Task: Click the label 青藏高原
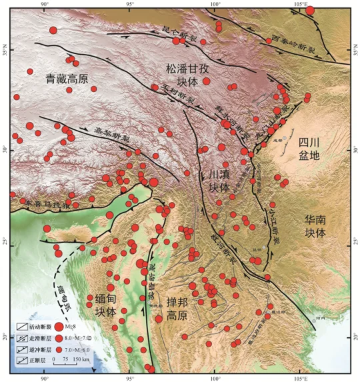coord(67,79)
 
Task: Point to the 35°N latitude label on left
coord(5,53)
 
